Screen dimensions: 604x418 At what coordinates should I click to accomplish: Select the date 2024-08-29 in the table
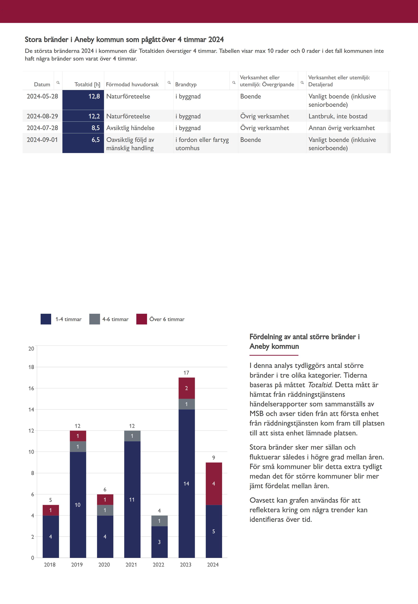tap(42, 116)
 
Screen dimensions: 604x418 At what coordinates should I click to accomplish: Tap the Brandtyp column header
tap(186, 84)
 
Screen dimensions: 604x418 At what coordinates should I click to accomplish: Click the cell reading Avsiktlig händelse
tap(130, 128)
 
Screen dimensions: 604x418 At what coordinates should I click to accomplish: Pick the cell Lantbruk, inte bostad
tap(338, 116)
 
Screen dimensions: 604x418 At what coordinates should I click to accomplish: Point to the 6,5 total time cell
tap(83, 143)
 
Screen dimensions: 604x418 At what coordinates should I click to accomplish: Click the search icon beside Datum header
tap(58, 83)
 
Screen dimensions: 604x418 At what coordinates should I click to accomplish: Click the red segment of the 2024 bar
tap(214, 484)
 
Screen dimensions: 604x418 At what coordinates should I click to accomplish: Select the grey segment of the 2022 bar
tap(159, 521)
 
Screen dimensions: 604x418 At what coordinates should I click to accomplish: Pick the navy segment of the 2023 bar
tap(187, 484)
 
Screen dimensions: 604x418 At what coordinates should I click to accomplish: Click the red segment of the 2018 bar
tap(51, 510)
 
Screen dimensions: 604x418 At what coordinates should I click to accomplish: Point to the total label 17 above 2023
tap(186, 373)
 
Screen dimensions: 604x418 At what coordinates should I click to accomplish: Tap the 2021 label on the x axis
tap(131, 565)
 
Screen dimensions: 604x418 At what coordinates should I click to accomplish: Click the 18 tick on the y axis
tap(31, 367)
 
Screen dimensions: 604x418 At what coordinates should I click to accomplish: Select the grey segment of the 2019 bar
tap(78, 446)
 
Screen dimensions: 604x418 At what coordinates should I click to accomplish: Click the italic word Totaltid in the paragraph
tap(319, 385)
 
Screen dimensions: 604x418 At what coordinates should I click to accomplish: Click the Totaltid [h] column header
tap(87, 84)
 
